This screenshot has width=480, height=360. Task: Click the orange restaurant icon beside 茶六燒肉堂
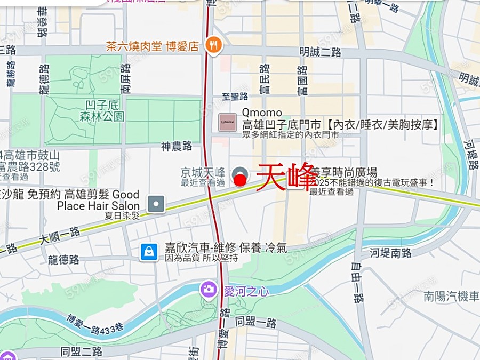(214, 45)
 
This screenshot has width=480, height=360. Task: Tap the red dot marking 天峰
(241, 181)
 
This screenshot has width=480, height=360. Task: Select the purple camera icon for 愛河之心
(208, 290)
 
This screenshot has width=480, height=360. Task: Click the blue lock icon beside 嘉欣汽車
(149, 252)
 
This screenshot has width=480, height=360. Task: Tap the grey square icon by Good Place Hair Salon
(156, 203)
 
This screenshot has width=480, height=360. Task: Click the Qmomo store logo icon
(228, 122)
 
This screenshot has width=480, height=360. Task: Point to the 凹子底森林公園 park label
(105, 111)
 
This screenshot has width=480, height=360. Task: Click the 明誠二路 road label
(320, 52)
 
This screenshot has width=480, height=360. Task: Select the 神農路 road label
(177, 146)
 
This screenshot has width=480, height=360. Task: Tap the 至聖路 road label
(235, 97)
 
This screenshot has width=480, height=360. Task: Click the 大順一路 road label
(60, 236)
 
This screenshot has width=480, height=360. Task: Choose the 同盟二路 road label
(81, 351)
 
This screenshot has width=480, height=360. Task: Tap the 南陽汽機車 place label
(451, 297)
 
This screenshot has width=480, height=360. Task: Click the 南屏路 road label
(125, 79)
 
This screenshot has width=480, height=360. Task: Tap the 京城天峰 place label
(203, 173)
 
